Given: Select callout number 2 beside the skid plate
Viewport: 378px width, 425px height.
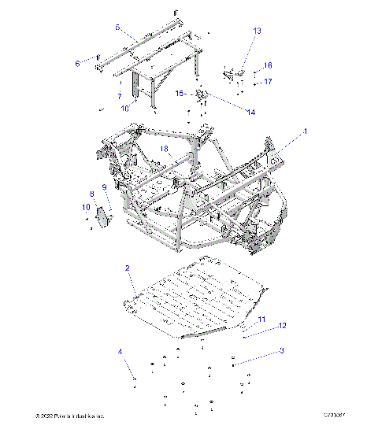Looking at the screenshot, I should [x=127, y=268].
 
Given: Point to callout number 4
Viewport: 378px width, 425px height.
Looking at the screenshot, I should [x=120, y=351].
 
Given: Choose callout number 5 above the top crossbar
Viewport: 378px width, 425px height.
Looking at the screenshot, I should [x=117, y=28].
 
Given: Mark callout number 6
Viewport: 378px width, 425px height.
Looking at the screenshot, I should [x=77, y=63].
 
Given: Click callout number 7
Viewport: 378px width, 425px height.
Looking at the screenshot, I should [x=119, y=96].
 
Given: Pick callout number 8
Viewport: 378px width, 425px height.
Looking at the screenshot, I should [x=92, y=193].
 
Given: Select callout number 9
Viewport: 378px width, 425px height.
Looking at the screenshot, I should [x=103, y=187].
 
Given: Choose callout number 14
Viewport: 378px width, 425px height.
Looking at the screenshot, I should [x=251, y=113].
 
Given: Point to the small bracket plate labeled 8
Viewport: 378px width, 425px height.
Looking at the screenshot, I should [x=102, y=213].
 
